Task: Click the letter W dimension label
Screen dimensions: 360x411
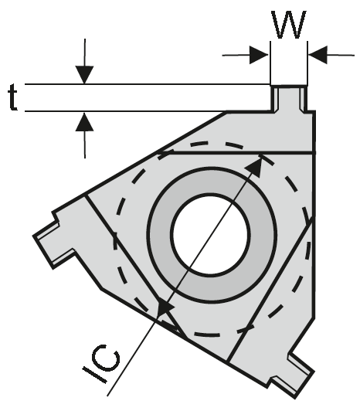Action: click(x=289, y=25)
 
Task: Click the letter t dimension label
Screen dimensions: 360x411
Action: click(x=13, y=97)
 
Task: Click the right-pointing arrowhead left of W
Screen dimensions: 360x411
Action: click(x=259, y=55)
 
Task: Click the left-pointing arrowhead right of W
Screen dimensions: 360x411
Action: click(x=318, y=55)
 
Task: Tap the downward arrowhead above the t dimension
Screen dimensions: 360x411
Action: click(x=84, y=75)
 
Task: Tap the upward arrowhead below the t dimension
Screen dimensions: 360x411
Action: click(x=84, y=121)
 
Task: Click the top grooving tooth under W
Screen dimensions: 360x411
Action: click(x=289, y=99)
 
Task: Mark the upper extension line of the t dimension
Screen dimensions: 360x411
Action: click(x=148, y=84)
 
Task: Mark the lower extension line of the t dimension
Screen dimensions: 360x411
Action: click(x=126, y=111)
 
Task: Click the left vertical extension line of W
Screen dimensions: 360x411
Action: click(x=270, y=63)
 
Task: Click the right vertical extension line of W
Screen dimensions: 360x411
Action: click(x=307, y=63)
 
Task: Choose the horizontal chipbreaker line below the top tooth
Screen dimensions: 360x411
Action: click(x=236, y=152)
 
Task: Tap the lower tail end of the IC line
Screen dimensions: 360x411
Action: click(x=107, y=396)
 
